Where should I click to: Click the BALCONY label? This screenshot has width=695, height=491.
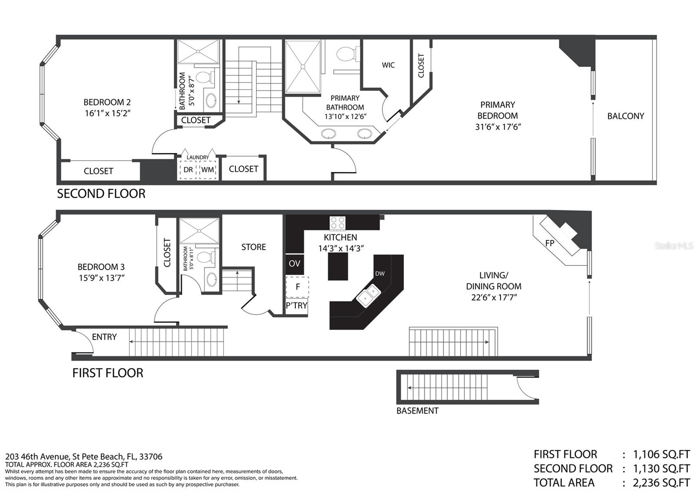click(x=625, y=116)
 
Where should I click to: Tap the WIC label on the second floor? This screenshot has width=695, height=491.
click(x=388, y=65)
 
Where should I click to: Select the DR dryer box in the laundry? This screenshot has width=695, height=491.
click(x=188, y=170)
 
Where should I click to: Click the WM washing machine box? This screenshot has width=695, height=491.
click(x=208, y=170)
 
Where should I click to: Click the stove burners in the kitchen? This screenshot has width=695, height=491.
click(x=338, y=223)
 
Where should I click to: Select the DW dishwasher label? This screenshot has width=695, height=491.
click(x=380, y=274)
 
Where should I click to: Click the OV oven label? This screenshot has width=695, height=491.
click(x=294, y=263)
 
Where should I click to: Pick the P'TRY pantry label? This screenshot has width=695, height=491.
click(x=296, y=306)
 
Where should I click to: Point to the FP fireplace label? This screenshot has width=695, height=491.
click(x=549, y=243)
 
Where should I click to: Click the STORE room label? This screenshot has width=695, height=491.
click(x=254, y=247)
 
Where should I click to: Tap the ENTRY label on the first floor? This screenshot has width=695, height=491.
click(x=104, y=337)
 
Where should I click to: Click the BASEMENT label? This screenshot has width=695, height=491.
click(x=417, y=411)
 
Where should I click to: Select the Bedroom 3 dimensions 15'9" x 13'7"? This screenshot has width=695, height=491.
click(x=102, y=278)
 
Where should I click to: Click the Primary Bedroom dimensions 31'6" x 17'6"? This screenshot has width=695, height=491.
click(x=498, y=127)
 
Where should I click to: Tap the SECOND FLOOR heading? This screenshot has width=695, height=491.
click(x=101, y=194)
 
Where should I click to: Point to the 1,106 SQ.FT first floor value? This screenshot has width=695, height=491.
click(x=661, y=455)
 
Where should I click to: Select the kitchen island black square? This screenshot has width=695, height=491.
click(x=338, y=267)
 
